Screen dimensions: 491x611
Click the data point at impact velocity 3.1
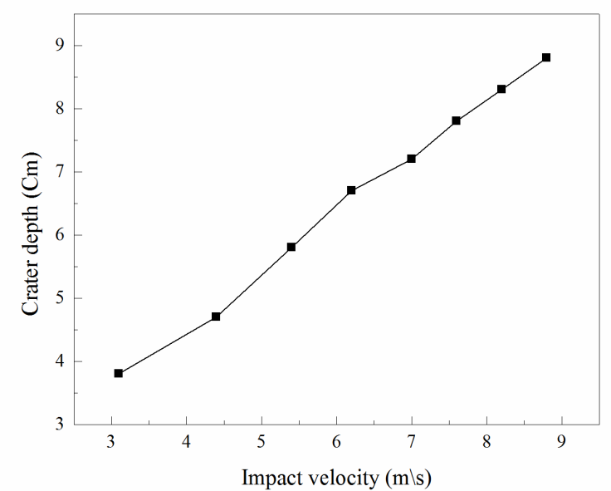[x=119, y=373]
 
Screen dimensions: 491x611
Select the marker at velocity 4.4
[x=216, y=317]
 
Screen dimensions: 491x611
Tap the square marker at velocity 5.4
[x=291, y=247]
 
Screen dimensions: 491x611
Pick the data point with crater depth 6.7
[x=351, y=190]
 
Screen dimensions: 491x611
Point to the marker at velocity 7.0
[x=411, y=159]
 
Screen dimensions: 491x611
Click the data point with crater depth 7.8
[x=457, y=120]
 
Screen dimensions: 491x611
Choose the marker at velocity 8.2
[x=501, y=89]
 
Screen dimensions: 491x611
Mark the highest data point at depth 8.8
[x=546, y=57]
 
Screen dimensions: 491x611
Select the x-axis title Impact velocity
[x=336, y=478]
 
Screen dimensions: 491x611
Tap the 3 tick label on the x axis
[x=111, y=441]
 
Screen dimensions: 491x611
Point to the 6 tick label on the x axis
[x=336, y=441]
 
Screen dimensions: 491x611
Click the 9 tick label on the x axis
[x=562, y=441]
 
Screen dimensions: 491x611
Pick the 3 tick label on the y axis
[x=61, y=425]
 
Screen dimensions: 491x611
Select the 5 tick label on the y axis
[x=61, y=298]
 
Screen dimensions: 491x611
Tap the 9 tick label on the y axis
[x=61, y=46]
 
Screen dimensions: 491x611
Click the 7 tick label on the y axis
[x=61, y=172]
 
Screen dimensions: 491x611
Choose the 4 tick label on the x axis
[x=186, y=441]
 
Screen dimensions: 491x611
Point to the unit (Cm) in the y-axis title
[x=30, y=169]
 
